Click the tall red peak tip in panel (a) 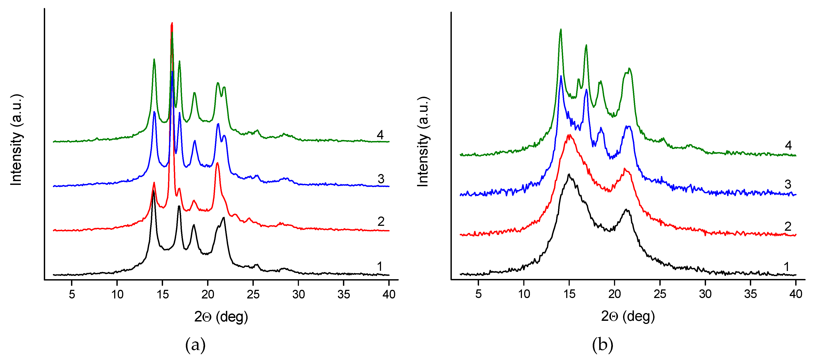tap(172, 23)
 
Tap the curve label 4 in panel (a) tap(380, 135)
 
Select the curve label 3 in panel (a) tap(381, 179)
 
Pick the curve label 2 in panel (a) tap(381, 222)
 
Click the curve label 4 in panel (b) tap(788, 145)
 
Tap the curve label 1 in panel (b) tap(786, 267)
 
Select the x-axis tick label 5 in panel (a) tap(72, 295)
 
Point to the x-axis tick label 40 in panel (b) tap(796, 294)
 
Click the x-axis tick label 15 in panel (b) tap(569, 294)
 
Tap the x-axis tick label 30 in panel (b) tap(705, 294)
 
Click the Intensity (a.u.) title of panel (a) tap(16, 140)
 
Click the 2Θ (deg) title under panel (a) tap(221, 317)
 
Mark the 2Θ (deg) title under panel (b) tap(628, 316)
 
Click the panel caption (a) tap(195, 345)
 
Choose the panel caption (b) tap(602, 345)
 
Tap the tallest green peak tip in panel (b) tap(561, 29)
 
